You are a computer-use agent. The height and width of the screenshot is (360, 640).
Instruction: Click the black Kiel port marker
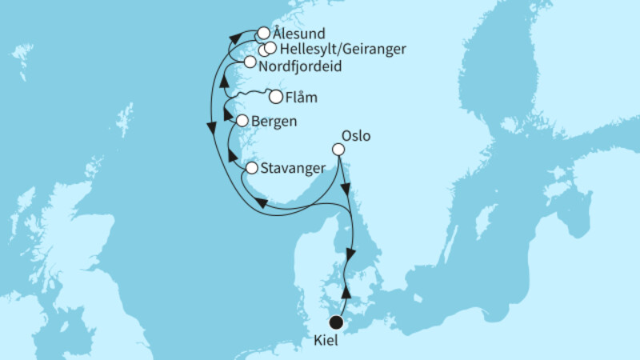[337, 322]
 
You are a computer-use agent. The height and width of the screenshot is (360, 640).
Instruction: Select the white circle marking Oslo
[338, 150]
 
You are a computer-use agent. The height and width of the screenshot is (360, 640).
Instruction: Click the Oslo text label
[355, 135]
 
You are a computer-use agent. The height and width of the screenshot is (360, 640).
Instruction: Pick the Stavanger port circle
[252, 169]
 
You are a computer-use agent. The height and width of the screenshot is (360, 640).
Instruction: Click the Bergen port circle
[243, 122]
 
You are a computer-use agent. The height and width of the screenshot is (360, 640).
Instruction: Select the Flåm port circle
[276, 98]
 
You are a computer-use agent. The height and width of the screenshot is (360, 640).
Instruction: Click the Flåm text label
[301, 98]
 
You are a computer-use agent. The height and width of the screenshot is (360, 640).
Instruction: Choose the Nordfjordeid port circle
[250, 62]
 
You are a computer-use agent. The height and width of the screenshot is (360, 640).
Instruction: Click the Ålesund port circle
[263, 34]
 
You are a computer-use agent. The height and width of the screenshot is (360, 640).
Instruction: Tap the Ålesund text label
[299, 34]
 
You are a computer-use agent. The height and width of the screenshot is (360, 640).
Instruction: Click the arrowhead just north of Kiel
[346, 292]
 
